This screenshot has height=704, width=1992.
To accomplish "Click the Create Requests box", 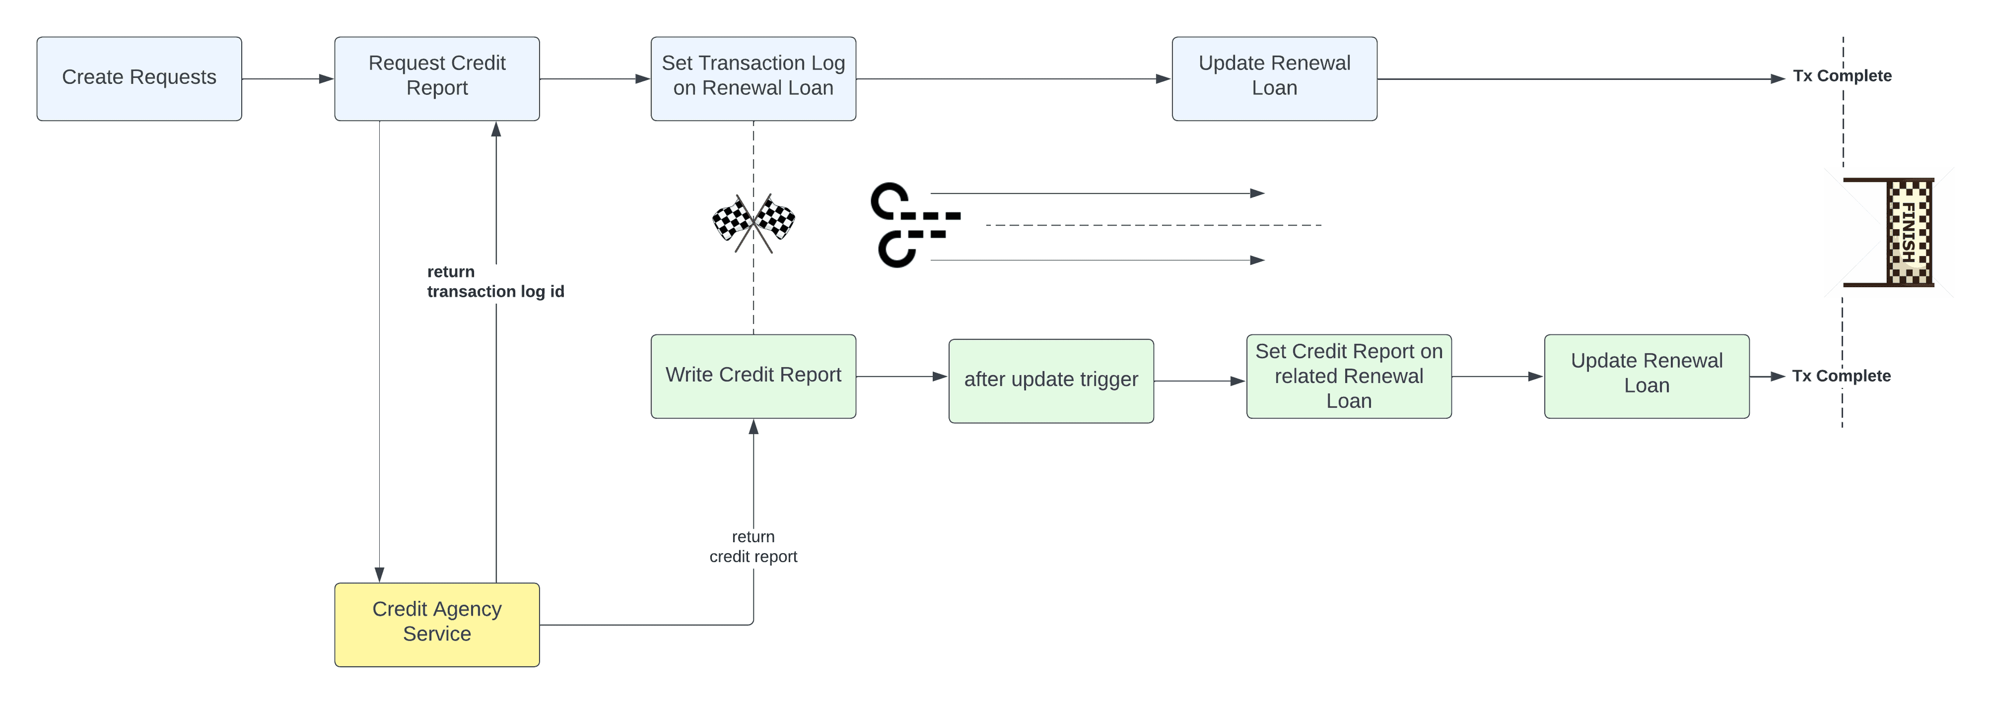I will [139, 78].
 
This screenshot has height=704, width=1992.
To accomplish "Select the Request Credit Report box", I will [437, 78].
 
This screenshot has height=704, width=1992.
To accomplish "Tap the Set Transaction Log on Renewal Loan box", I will [753, 78].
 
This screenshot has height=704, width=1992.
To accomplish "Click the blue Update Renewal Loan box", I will [1275, 78].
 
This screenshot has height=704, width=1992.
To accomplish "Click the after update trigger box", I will [1051, 380].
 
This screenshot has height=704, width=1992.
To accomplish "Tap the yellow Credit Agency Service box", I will [437, 624].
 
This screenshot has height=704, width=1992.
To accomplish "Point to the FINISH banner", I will [1908, 232].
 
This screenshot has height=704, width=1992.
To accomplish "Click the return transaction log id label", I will [495, 281].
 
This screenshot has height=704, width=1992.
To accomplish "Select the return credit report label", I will [753, 546].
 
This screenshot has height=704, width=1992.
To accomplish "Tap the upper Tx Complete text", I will [1842, 76].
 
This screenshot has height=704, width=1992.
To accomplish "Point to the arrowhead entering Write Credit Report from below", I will [753, 427].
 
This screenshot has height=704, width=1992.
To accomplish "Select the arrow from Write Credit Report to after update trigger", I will [902, 376].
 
